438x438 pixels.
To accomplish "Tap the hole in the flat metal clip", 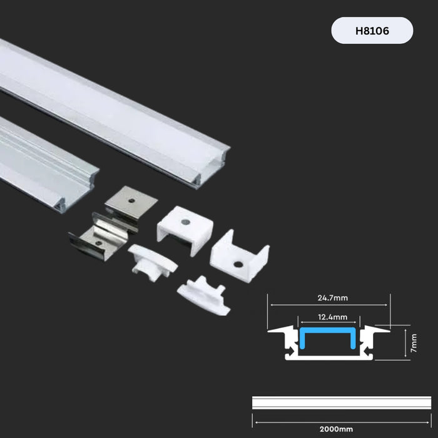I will [133, 201].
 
